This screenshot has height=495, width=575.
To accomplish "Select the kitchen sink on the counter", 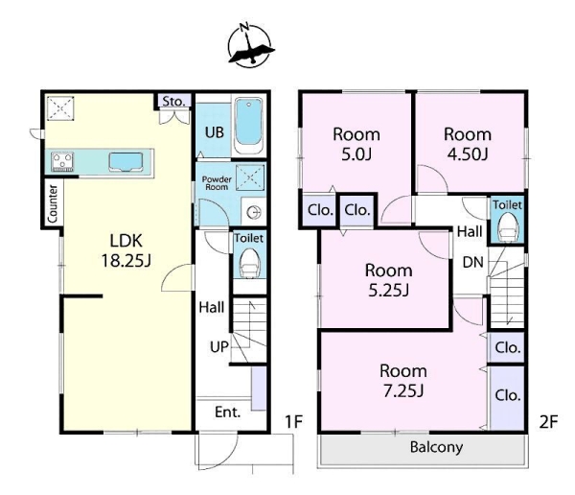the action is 126,162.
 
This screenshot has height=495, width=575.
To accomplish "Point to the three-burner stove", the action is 62,162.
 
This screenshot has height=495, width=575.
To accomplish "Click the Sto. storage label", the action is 173,101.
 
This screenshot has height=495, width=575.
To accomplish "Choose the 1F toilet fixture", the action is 250,264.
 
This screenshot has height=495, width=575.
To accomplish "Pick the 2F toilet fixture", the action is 508,227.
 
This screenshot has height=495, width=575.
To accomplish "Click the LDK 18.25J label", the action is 126,250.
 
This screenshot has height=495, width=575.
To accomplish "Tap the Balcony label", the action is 436,447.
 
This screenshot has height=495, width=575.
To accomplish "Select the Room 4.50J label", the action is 468,144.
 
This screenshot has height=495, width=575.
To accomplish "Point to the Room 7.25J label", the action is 403,381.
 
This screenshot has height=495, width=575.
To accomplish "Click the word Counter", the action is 53,203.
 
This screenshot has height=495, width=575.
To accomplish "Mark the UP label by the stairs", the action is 219,346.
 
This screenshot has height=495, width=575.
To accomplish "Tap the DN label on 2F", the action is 473,262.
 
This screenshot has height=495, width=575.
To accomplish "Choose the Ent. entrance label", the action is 228,412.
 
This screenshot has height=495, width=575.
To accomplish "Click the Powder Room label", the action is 217,183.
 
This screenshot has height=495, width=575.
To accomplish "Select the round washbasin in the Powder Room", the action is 254,212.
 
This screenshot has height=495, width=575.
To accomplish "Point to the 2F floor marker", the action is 548,422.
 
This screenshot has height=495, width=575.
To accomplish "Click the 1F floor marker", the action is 294,422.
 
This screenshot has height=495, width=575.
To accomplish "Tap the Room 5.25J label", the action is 389,280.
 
